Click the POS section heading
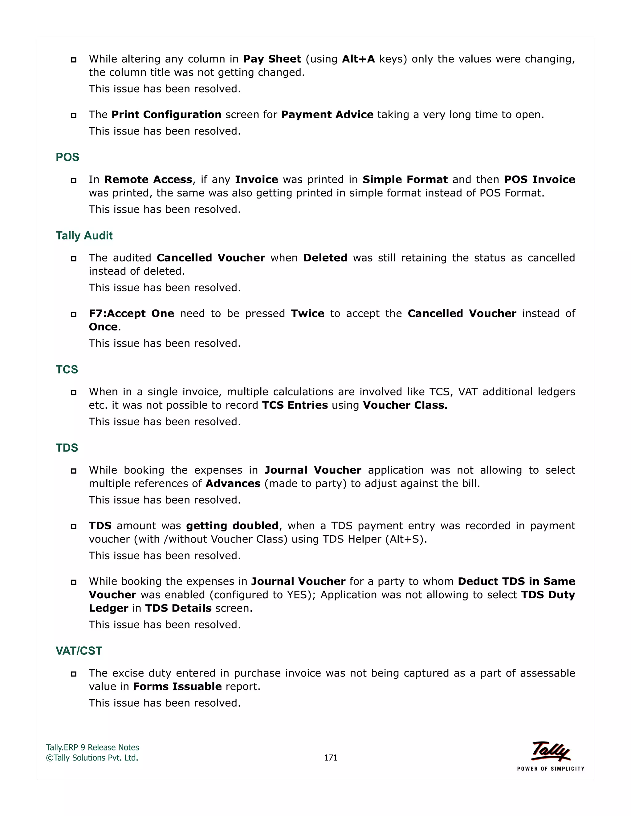tap(67, 157)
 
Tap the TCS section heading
tap(67, 369)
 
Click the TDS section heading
tap(67, 448)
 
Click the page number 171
tap(331, 757)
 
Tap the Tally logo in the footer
tap(551, 751)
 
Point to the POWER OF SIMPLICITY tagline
tap(551, 769)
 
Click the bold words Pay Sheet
tap(272, 59)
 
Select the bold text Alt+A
tap(358, 59)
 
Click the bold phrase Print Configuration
tap(166, 115)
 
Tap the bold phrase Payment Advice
tap(327, 115)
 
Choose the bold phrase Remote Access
tap(148, 180)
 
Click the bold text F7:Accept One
tap(131, 313)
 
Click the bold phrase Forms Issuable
tap(177, 686)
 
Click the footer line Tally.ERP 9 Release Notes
tap(92, 747)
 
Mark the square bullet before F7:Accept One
tap(74, 314)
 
